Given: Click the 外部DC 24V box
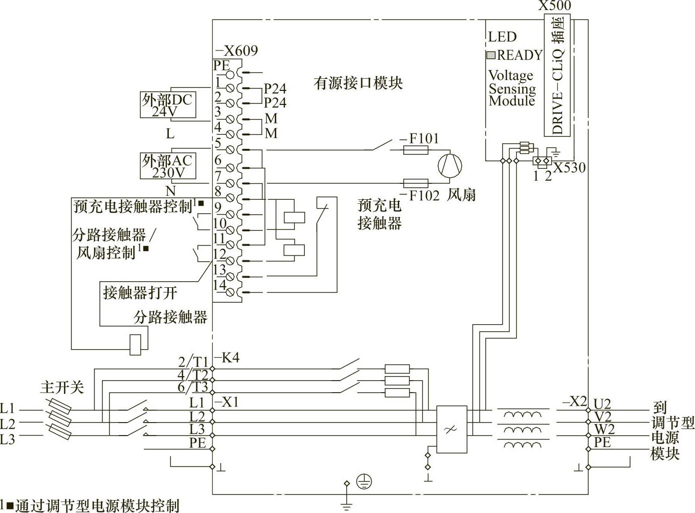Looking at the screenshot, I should coord(167,104).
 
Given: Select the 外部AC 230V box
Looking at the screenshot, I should coord(167,166).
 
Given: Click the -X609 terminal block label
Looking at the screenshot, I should coord(236,50).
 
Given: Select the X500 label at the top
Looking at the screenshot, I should coord(554,6).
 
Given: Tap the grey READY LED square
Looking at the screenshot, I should coord(491,55).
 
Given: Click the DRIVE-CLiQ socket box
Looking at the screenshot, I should coord(558,74).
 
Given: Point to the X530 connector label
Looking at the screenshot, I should coord(569,167).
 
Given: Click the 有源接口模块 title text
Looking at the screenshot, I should coord(358,83).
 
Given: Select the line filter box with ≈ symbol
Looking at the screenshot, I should coord(452,429).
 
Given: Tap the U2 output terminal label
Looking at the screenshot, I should coord(602,404).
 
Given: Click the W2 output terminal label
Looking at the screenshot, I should coord(604,430).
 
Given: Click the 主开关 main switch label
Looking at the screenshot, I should coord(62,388).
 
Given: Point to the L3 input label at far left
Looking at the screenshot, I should coord(7,440).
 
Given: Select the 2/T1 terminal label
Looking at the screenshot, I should coord(193,362).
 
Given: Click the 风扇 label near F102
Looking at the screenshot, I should coord(461,195).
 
